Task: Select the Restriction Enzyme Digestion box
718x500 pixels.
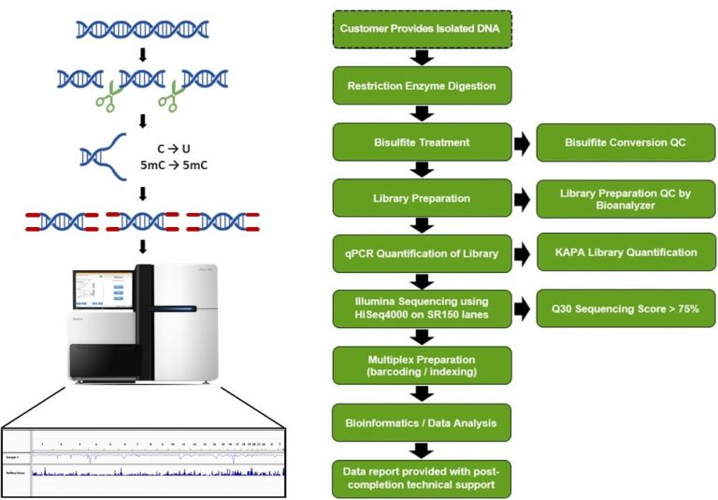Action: pos(422,86)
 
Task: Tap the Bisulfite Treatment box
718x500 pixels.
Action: pos(422,142)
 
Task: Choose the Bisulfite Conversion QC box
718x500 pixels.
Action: pos(625,142)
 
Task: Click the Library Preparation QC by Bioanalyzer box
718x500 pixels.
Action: pos(625,197)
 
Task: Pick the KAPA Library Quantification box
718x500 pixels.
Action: pos(625,252)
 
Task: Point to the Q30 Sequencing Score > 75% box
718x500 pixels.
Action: pos(625,307)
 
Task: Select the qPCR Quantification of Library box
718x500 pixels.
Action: pos(422,252)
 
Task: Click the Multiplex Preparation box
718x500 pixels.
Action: pos(422,364)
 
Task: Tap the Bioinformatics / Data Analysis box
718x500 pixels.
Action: pos(422,422)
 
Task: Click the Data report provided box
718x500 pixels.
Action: pos(422,477)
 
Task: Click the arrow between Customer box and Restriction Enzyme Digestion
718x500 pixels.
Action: pos(422,58)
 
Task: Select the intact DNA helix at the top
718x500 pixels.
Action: pos(140,31)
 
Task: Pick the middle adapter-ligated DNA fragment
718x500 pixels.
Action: pos(143,221)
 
